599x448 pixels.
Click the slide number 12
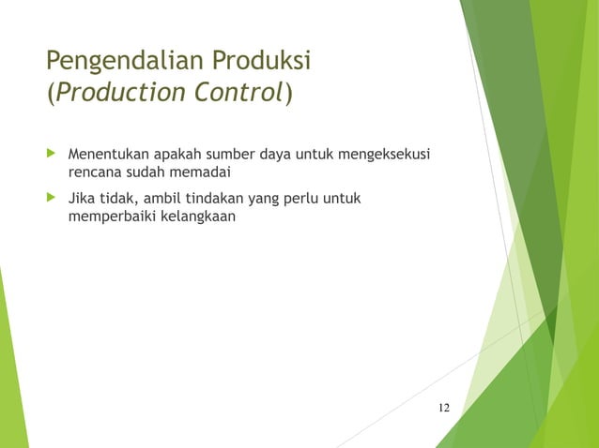[444, 408]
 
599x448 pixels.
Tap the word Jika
[82, 199]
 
